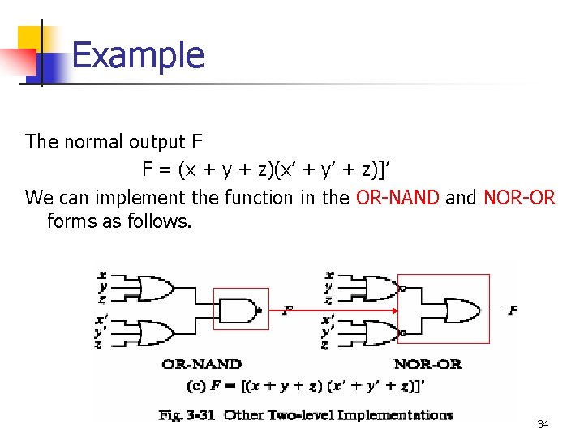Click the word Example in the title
138,55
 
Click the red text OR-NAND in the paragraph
397,197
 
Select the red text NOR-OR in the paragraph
519,197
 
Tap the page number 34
542,424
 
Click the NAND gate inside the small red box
241,309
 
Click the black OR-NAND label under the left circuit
201,364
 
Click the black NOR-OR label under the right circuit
427,364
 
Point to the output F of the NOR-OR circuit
513,310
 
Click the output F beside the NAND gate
286,309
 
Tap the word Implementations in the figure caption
399,414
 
